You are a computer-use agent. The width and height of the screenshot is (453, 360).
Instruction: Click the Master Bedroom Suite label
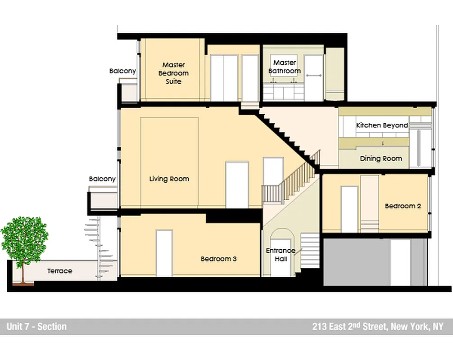pos(174,73)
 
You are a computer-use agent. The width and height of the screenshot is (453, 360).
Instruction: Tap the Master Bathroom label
pos(285,67)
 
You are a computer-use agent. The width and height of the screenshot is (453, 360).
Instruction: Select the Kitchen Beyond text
pos(382,125)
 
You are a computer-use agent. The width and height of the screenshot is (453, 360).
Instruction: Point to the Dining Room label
pos(381,158)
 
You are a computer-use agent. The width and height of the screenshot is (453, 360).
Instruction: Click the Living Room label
pos(169,179)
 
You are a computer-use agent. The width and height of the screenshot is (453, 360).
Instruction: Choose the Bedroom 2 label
pos(403,206)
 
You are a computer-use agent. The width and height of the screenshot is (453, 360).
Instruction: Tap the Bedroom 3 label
pos(218,259)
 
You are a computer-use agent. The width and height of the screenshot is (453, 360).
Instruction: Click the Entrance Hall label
pos(281,255)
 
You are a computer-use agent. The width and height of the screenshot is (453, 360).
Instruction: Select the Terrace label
pos(59,271)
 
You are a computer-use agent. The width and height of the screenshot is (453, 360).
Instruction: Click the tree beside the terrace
pos(24,238)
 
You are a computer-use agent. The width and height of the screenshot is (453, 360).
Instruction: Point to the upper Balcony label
pos(122,71)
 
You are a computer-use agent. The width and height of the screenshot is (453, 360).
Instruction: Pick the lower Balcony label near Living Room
pos(102,179)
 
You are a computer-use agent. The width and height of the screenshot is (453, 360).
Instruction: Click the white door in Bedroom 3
pos(164,253)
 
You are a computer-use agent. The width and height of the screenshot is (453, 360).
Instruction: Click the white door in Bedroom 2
pos(349,209)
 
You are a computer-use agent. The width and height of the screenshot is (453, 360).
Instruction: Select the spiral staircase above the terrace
pos(99,247)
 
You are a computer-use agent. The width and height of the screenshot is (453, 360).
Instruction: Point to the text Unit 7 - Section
pos(36,327)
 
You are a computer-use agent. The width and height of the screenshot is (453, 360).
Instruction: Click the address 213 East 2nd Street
pos(378,327)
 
